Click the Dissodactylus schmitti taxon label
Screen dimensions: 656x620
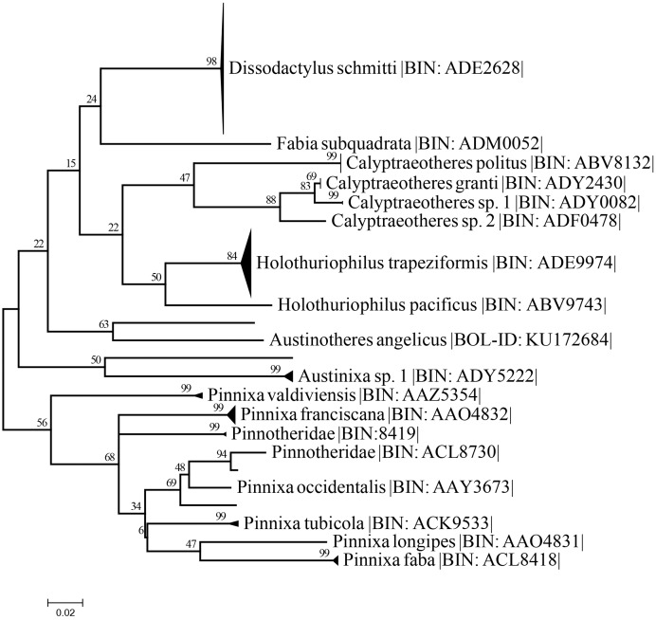coord(376,67)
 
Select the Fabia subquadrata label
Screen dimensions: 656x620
coord(410,144)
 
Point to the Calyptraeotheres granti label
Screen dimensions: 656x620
coord(476,183)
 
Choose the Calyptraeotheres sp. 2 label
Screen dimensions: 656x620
coord(476,221)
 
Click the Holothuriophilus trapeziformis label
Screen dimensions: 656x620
coord(436,263)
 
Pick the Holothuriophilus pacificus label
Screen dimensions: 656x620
coord(442,304)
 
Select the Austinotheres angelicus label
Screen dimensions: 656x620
coord(441,339)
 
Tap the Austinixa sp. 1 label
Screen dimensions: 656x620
coord(417,375)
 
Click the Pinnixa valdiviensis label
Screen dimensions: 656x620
coord(345,394)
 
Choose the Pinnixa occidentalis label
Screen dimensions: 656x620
coord(375,486)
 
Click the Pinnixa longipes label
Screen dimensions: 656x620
coord(458,541)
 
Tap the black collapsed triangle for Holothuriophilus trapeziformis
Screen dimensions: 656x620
coord(247,264)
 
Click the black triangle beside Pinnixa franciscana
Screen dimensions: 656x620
coord(231,414)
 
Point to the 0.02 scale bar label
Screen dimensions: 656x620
coord(64,612)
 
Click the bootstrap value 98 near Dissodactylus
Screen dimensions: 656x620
coord(211,61)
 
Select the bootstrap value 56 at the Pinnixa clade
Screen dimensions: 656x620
coord(42,423)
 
